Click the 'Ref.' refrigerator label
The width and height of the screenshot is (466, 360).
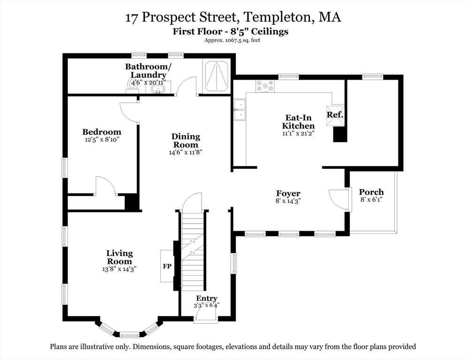pyautogui.click(x=335, y=114)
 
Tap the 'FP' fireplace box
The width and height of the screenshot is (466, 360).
pyautogui.click(x=167, y=266)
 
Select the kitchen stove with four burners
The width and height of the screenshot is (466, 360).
pyautogui.click(x=264, y=86)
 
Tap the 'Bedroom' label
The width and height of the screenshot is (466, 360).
pyautogui.click(x=102, y=132)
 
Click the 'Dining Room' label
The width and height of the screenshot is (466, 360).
pyautogui.click(x=186, y=141)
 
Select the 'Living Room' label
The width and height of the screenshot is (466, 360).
pyautogui.click(x=119, y=257)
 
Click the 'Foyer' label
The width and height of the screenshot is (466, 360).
pyautogui.click(x=288, y=193)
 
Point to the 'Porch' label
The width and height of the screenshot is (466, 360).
pyautogui.click(x=371, y=192)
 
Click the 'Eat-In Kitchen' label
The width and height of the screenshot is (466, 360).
pyautogui.click(x=298, y=122)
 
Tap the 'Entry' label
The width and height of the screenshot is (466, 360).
pyautogui.click(x=207, y=298)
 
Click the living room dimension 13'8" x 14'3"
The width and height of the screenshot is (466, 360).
pyautogui.click(x=119, y=269)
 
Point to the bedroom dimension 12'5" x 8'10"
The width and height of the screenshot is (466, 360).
pyautogui.click(x=102, y=140)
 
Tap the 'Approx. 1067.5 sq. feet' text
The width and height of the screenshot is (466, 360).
pyautogui.click(x=232, y=40)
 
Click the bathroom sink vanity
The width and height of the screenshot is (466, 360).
pyautogui.click(x=160, y=88)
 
